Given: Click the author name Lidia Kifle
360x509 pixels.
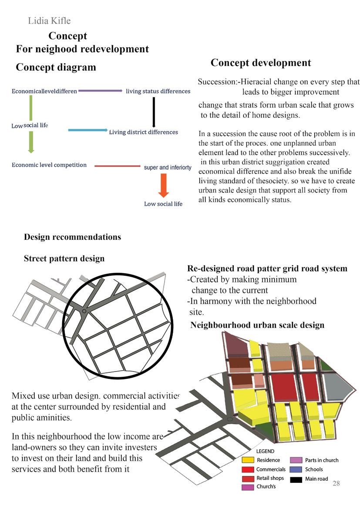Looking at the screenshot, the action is coord(49,20).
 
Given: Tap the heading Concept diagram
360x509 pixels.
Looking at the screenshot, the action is coord(56,67).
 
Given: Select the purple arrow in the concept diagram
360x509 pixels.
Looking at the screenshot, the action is coord(100,91).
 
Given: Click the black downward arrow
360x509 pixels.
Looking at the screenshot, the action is coord(154,111).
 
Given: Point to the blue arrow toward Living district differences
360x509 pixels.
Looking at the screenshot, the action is coord(87,130).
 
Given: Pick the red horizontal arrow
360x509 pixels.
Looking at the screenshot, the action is coord(117,166).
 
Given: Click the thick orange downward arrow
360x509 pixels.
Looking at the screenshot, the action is coord(164,185).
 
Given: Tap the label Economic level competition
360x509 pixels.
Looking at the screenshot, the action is coord(49,165).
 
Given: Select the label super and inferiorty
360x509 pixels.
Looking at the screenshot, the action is coord(168,167).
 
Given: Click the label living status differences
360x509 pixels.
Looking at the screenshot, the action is coord(158,91).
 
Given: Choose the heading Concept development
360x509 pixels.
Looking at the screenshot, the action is coord(261,63).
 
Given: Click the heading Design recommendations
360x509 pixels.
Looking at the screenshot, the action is coord(72,237).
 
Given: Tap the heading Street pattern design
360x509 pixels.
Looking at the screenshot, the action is coord(64,258).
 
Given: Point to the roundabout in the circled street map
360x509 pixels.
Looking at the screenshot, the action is coord(84,311).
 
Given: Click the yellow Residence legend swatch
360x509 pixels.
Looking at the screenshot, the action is coord(248,460).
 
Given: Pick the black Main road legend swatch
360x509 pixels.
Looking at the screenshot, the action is coord(296,479).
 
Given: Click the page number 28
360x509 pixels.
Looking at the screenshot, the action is coord(336,483).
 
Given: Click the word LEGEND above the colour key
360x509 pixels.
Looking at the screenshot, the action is coord(265,451).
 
